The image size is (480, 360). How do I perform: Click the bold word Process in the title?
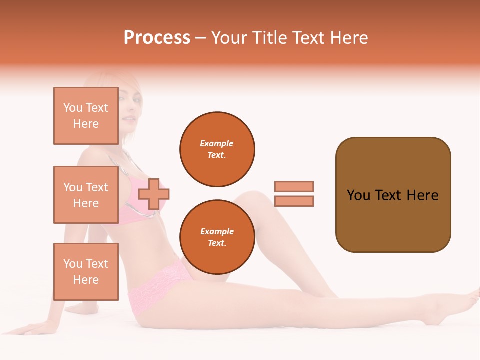click(157, 38)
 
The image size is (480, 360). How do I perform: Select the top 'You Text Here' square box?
click(86, 116)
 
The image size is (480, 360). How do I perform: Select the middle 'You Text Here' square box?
click(86, 195)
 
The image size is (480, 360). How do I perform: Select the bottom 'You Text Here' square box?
click(86, 271)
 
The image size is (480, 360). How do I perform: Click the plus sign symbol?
click(154, 194)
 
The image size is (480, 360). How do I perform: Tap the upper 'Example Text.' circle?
click(217, 149)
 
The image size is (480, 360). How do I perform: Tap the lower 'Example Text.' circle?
click(217, 237)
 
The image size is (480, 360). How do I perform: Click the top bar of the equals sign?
click(294, 186)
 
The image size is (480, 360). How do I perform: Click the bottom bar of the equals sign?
click(294, 201)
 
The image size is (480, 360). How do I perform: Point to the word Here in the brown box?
click(423, 195)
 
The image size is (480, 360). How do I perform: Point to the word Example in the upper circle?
click(217, 143)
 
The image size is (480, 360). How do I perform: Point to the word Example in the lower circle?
click(217, 231)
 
